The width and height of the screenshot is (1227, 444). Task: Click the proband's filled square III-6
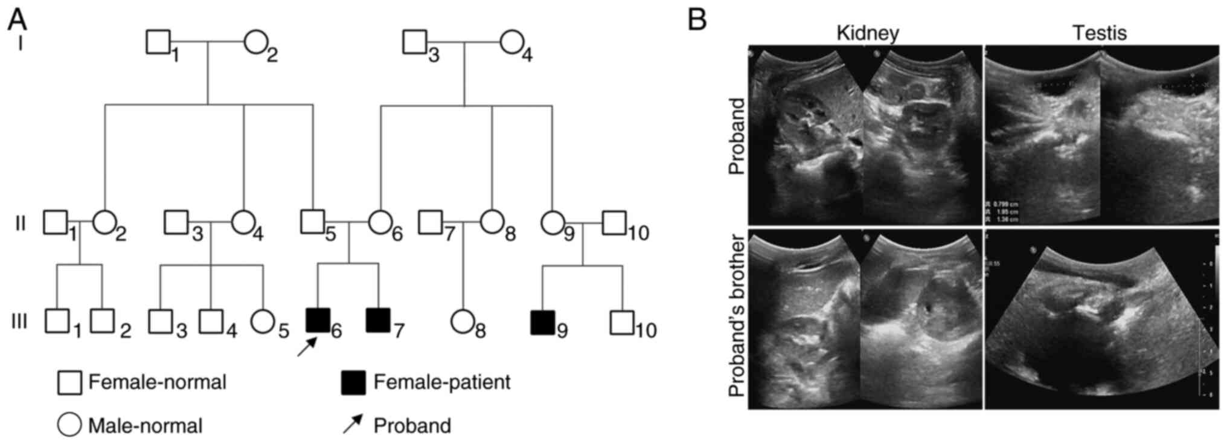click(x=318, y=320)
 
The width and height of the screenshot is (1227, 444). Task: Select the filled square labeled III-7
click(x=378, y=320)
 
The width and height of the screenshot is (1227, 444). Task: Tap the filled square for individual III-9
click(x=542, y=322)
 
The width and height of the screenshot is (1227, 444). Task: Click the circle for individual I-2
click(x=255, y=42)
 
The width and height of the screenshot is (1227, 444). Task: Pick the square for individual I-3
click(x=415, y=42)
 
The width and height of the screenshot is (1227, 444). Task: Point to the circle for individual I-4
click(x=511, y=42)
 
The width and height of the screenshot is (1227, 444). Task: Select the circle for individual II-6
click(x=380, y=222)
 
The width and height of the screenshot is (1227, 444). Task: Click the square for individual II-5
click(x=313, y=222)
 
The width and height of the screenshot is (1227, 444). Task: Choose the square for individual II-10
click(x=614, y=223)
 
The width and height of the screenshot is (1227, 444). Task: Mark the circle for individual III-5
click(x=263, y=321)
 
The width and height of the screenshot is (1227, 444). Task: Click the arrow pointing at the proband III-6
click(x=307, y=347)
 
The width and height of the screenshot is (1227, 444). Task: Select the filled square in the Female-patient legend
click(x=353, y=382)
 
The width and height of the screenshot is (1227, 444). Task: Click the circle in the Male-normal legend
click(x=69, y=425)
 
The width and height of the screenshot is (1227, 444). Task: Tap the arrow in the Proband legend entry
click(x=353, y=423)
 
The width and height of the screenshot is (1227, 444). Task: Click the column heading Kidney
click(x=867, y=33)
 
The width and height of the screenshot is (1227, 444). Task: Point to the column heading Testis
click(x=1099, y=33)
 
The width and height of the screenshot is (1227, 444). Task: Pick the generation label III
click(x=19, y=321)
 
